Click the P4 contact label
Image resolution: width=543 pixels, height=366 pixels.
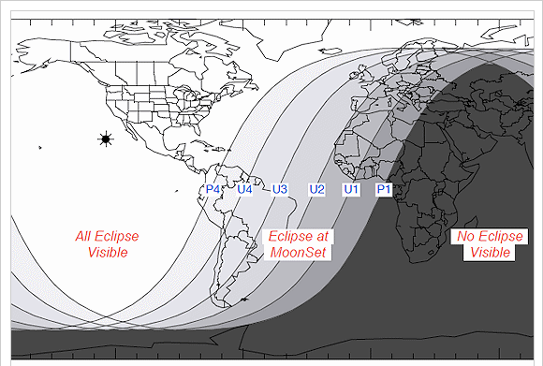(x=212, y=189)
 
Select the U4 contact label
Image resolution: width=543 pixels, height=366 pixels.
(x=245, y=189)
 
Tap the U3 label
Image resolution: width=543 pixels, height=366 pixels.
(x=279, y=189)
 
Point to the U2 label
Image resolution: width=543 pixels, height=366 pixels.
(x=316, y=189)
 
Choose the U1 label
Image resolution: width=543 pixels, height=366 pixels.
(x=351, y=189)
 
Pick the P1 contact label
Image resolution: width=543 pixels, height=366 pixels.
(x=383, y=189)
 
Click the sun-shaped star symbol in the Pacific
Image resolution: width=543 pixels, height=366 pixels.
(x=105, y=139)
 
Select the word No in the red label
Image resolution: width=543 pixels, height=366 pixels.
(x=464, y=237)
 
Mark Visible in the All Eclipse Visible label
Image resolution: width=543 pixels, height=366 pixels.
(x=108, y=253)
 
